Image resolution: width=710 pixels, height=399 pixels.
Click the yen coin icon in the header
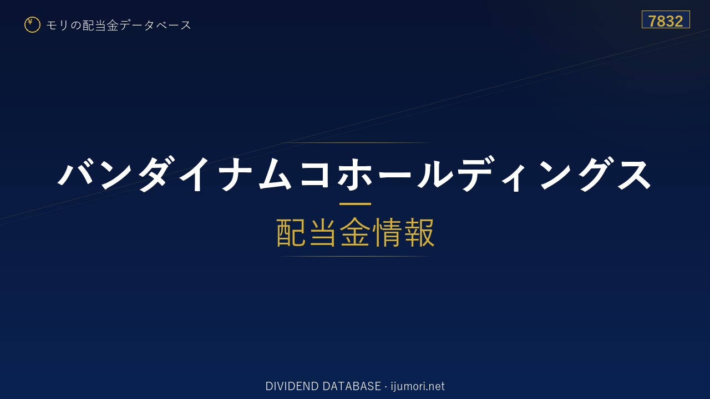pos(32,25)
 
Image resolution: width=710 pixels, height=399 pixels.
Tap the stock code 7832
pos(666,21)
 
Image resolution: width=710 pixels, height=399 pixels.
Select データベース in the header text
pos(155,25)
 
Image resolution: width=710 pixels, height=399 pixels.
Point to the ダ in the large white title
pos(155,173)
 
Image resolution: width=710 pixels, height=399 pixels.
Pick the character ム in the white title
pos(275,174)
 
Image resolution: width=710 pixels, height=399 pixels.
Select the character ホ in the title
pos(355,174)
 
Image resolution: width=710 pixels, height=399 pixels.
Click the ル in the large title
pos(435,174)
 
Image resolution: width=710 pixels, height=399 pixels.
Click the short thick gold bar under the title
pos(355,204)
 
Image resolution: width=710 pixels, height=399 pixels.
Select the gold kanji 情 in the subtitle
pos(387,232)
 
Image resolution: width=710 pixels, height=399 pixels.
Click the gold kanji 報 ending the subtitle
pos(419,232)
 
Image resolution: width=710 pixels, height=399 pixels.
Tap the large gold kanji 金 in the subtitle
pos(355,232)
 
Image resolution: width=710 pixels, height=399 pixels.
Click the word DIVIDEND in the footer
pos(292,386)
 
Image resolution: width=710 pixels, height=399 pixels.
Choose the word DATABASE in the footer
pos(352,386)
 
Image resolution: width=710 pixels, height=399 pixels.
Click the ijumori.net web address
pos(418,386)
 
